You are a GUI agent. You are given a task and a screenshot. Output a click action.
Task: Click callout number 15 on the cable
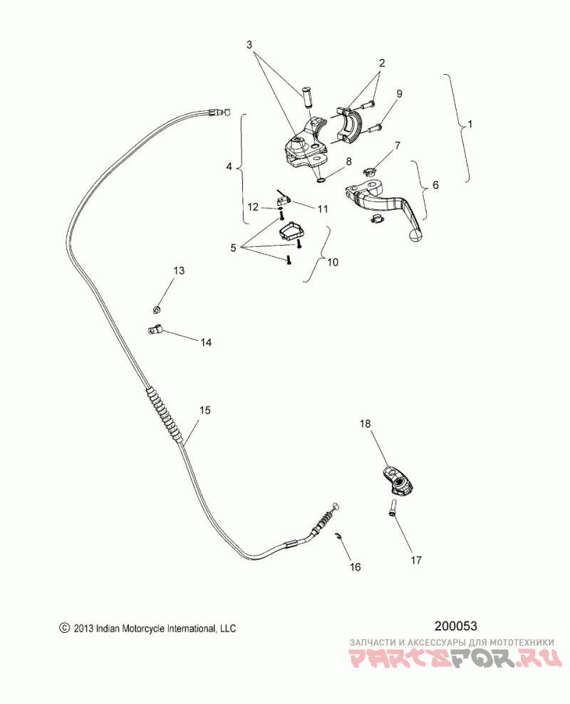coord(204,411)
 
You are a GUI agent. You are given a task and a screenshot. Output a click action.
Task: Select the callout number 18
coord(365,424)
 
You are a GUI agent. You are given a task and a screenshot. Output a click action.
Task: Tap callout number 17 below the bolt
coord(415,559)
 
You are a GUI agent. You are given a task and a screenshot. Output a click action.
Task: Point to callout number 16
coord(355,567)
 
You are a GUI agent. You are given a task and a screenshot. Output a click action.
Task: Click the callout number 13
coord(178,270)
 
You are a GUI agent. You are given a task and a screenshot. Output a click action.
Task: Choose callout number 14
coord(205,342)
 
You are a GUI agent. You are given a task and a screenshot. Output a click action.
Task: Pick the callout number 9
coord(399,93)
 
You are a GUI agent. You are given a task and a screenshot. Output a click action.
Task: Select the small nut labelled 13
coord(157,309)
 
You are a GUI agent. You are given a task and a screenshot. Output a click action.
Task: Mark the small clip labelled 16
coord(338,537)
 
